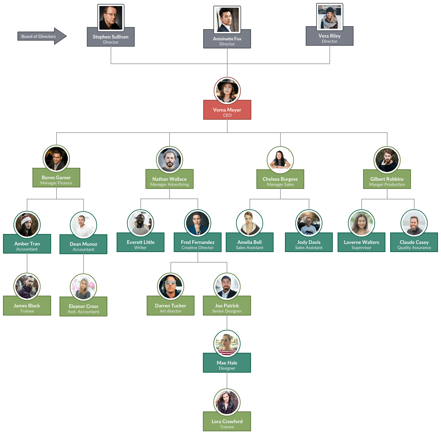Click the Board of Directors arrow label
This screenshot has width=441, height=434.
coord(38,36)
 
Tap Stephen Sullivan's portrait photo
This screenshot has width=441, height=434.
coord(111,18)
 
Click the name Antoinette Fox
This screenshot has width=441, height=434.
coord(227,39)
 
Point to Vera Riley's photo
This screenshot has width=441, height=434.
coord(329,17)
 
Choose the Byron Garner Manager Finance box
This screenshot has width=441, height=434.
coord(56,180)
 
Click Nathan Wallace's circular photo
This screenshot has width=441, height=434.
coord(170,160)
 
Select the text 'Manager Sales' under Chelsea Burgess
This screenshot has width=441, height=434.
coord(280,184)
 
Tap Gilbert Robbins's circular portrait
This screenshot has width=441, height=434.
coord(387,160)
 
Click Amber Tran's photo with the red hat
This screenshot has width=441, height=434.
coord(27,224)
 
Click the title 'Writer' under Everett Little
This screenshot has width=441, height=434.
coord(140,248)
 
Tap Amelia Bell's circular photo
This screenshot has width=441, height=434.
coord(250,223)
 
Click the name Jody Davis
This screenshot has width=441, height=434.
coord(309,242)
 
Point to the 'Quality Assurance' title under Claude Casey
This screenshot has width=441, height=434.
coord(414,248)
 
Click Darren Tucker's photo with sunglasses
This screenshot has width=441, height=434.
coord(170,286)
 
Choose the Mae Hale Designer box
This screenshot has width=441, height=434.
coord(227,365)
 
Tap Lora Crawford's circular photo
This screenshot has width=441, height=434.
coord(227,402)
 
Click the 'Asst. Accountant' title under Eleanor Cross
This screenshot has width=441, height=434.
coord(83,312)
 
